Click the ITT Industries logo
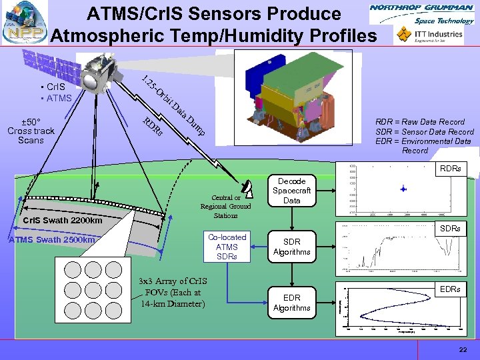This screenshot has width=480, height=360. coord(430,35)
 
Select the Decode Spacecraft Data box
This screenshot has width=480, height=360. coord(291,191)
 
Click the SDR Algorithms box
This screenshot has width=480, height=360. coord(291,247)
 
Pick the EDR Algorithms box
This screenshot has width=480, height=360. coord(291,303)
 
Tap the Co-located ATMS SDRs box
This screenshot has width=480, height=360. coord(227,247)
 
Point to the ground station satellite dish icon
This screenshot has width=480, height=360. coord(247,189)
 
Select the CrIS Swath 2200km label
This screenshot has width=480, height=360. coord(63,221)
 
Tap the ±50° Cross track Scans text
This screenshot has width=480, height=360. coord(31,131)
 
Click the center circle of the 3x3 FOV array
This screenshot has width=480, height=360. coord(93,289)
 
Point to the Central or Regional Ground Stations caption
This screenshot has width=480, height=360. coord(226,206)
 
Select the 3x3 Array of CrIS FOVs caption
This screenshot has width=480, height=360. coord(170,292)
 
